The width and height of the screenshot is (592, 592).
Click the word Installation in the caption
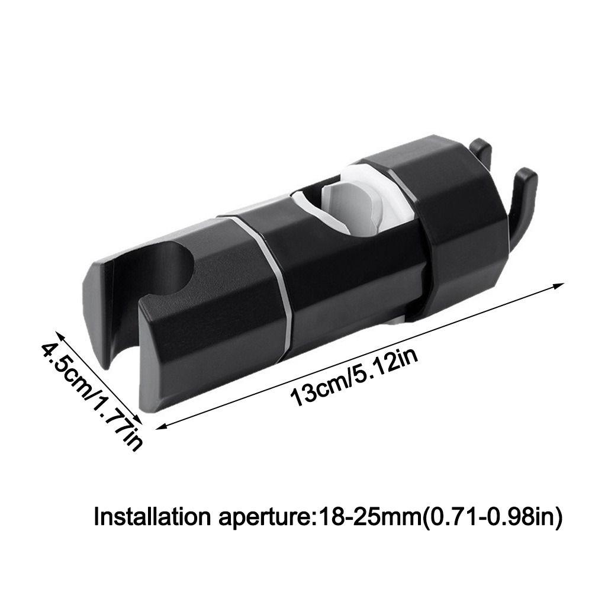pos(150,517)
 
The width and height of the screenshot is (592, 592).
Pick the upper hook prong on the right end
pos(482,152)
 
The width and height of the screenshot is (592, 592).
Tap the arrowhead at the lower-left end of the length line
pos(160,424)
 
